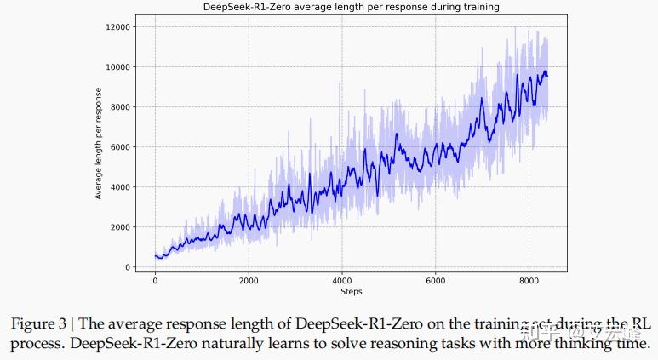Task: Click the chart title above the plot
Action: pos(351,7)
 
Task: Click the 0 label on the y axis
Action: pos(127,267)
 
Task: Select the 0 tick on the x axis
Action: pos(155,280)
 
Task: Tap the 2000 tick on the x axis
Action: pos(249,280)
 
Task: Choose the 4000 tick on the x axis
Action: pos(342,280)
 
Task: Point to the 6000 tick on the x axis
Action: pos(436,280)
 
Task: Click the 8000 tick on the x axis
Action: pos(529,280)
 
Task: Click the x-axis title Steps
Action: pos(351,292)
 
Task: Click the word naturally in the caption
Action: pos(235,344)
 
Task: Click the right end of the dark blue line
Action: pos(547,76)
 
